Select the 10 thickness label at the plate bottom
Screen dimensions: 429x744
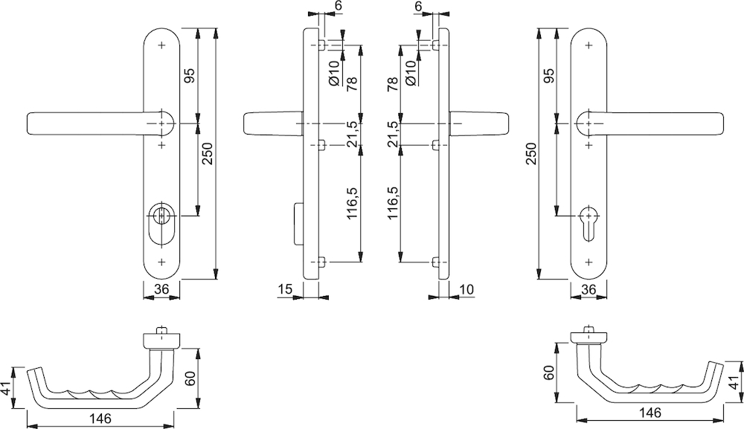pos(467,288)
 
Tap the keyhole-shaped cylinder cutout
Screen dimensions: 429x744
pos(588,223)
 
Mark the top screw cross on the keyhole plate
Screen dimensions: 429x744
pos(589,45)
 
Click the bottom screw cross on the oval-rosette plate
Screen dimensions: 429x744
pos(162,262)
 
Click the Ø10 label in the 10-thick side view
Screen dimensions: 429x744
pos(410,72)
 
